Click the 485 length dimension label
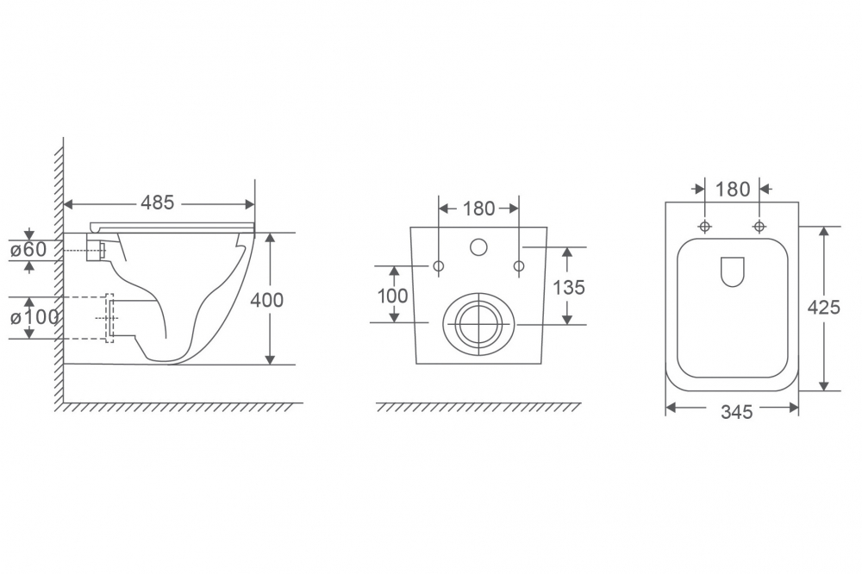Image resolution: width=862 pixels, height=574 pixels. [157, 203]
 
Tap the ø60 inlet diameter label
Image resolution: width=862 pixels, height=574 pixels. [28, 250]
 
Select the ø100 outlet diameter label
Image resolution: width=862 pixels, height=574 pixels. [34, 317]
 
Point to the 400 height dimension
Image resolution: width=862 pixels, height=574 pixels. [266, 300]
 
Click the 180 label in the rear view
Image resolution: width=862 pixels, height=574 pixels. [478, 209]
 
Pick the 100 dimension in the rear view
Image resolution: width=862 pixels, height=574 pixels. [392, 296]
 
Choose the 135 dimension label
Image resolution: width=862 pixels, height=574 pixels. [568, 288]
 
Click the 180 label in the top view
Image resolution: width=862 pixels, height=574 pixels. [732, 189]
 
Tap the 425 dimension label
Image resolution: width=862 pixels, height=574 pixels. [823, 308]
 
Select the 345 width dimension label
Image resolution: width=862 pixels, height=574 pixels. [737, 412]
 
